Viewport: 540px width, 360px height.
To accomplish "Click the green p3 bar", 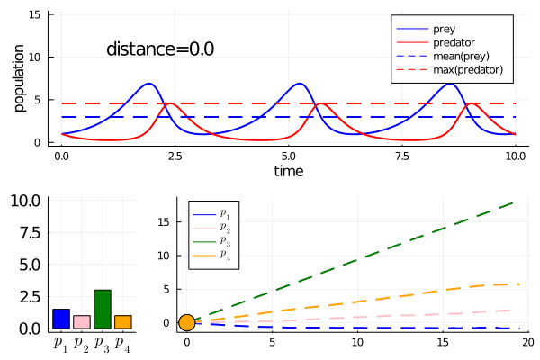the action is (103, 309).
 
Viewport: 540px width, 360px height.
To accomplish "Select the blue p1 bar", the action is (61, 319).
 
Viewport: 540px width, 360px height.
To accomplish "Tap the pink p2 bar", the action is (82, 322).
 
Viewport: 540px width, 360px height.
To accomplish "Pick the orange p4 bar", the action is (123, 322).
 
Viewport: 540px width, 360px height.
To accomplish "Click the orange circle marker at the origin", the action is (187, 323).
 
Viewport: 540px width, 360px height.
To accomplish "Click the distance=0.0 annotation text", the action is (160, 49).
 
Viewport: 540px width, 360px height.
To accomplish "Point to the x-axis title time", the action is (289, 171).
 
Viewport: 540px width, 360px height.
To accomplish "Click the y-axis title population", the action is (19, 78).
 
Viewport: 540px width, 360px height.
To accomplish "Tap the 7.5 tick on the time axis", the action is (402, 157).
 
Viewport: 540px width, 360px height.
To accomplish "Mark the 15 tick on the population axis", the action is (35, 14).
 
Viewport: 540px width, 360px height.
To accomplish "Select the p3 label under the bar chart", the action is (102, 345).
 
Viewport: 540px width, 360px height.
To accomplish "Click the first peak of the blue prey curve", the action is (148, 84).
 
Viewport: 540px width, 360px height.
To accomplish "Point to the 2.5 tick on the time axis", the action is (175, 157).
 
